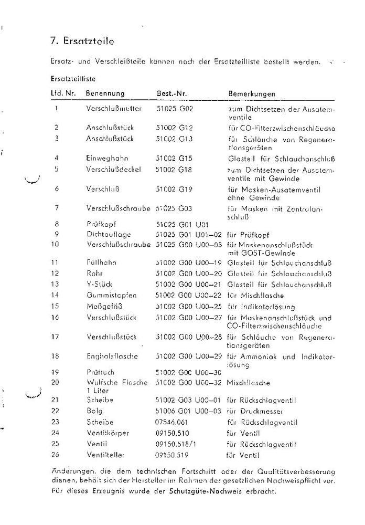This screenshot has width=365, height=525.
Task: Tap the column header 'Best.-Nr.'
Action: click(172, 94)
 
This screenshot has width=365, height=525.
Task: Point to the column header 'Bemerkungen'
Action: click(252, 94)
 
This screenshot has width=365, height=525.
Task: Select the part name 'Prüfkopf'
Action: click(98, 223)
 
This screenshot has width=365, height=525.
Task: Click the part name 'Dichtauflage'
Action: click(109, 234)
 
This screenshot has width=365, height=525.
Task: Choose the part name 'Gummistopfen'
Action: click(111, 295)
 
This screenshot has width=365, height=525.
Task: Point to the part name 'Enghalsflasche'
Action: click(112, 356)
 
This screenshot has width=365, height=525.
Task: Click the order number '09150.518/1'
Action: click(175, 444)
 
